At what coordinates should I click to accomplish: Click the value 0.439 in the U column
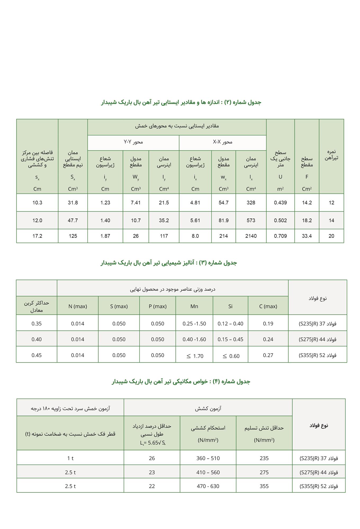coord(280,203)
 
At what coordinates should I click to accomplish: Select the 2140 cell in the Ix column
coord(251,236)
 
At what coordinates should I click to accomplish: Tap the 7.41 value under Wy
coord(136,203)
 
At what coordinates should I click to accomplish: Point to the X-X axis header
coord(223,142)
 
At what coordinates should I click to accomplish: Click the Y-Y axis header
coord(133,142)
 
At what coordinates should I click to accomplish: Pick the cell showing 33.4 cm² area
coord(307,236)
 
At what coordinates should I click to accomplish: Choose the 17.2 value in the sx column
coord(37,236)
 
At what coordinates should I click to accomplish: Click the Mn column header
coord(194,306)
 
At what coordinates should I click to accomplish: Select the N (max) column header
coord(78,306)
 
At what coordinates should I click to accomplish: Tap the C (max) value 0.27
coord(268,355)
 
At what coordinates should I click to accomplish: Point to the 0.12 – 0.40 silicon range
coord(230,323)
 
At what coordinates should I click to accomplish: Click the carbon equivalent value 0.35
coord(37,323)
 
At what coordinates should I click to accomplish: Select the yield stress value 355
coord(264,486)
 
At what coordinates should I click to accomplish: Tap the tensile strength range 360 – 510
coord(208,458)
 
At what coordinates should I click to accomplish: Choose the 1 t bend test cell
coord(70,458)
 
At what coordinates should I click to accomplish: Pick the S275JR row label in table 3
coord(317,339)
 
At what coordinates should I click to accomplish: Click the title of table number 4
coord(181,381)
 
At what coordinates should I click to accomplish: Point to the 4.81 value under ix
coord(195,203)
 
